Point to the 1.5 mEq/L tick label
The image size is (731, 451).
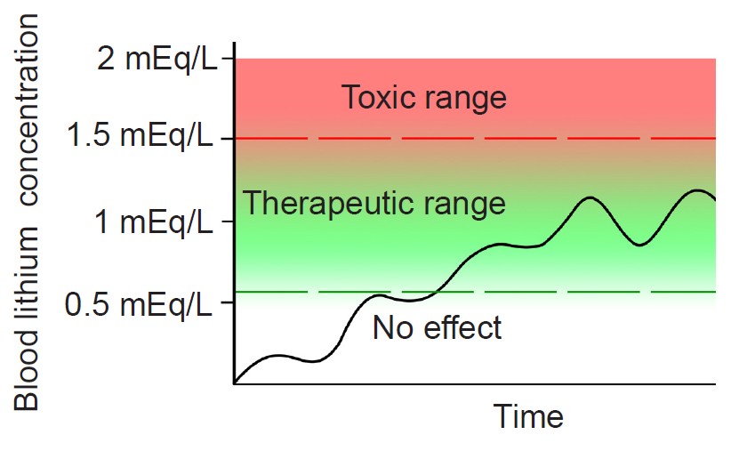(x=140, y=138)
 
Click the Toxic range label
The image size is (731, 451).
(x=424, y=97)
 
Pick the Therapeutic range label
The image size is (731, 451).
(x=374, y=204)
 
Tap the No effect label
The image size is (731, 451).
(x=438, y=328)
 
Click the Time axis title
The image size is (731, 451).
(x=528, y=416)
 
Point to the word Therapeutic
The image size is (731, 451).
(x=321, y=204)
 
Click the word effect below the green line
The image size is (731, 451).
(x=462, y=328)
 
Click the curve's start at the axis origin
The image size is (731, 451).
(x=235, y=383)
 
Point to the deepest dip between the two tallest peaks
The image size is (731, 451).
(x=640, y=245)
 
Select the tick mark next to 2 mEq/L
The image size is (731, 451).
(x=228, y=58)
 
